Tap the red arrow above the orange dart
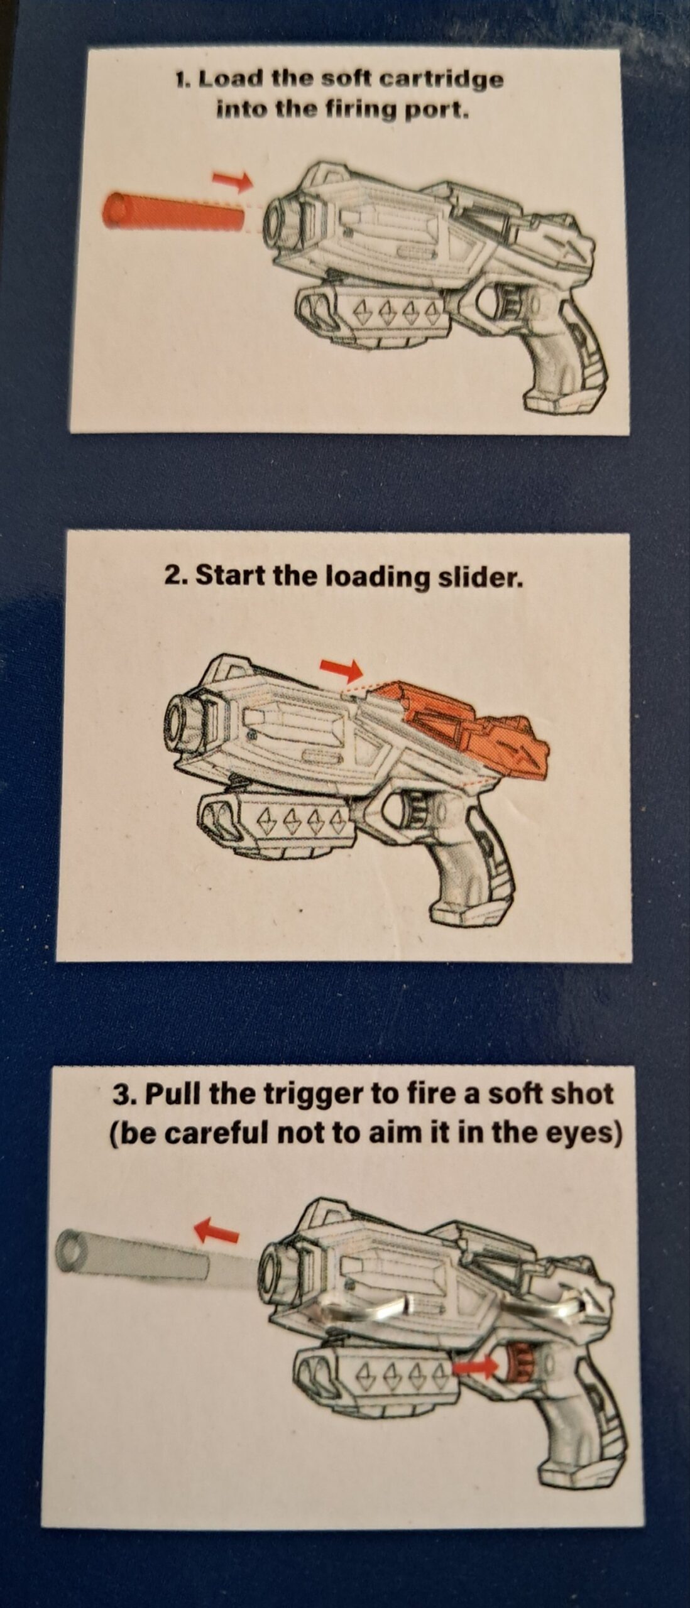point(232,181)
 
